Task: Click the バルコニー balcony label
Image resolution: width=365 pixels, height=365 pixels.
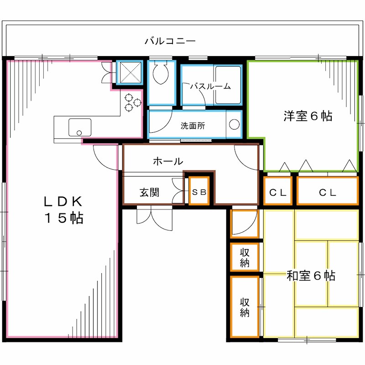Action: pos(170,41)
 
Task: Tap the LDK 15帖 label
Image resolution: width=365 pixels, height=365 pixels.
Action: pos(63,209)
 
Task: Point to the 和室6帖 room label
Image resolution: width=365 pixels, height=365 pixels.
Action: pos(311,276)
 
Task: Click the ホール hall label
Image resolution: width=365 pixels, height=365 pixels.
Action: pos(168,161)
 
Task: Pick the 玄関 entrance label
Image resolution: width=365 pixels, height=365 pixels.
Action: pos(149,193)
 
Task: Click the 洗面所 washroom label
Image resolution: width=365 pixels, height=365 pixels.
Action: pos(193,125)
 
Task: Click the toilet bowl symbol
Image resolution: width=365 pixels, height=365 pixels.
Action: pos(160,74)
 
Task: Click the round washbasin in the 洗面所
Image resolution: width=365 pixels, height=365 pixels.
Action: pos(234,125)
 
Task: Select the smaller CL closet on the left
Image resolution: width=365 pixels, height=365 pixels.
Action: pos(277,192)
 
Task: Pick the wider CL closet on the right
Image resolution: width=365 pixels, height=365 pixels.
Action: pos(327,192)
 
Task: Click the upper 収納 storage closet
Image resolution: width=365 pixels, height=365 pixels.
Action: pos(245,258)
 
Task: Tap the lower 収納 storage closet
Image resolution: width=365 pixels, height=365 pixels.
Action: pos(245,307)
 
